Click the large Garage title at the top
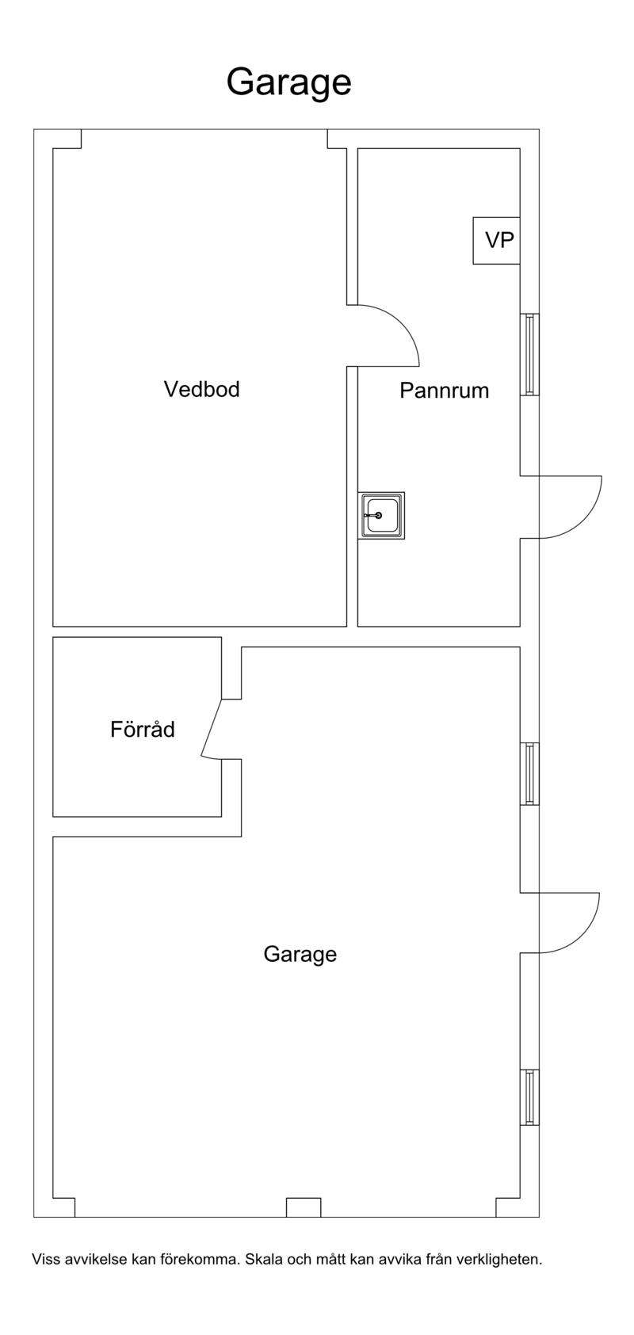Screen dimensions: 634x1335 point(288,83)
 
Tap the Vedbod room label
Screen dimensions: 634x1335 point(202,389)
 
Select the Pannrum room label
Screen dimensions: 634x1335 point(444,391)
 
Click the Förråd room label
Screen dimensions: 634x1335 point(143,729)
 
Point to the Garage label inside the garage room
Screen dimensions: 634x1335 point(300,955)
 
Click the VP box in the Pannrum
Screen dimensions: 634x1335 point(497,241)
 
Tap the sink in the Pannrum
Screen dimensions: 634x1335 point(381,516)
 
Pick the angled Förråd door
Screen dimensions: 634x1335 point(212,728)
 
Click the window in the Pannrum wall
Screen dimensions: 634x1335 point(529,354)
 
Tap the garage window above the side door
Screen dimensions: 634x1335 point(529,773)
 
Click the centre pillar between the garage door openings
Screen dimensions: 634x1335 point(304,1207)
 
